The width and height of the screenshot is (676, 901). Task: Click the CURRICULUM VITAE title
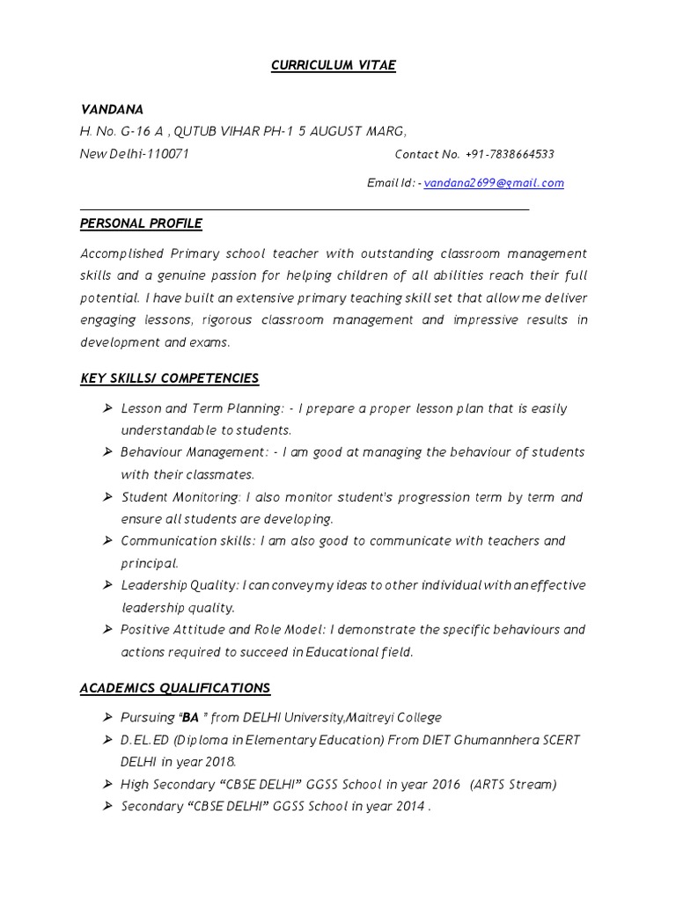(334, 66)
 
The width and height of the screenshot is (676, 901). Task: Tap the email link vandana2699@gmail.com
(494, 183)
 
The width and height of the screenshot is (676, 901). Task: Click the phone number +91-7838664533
(511, 155)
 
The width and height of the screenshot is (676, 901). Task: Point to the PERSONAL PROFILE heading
(141, 223)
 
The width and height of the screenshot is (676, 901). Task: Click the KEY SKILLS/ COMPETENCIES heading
(169, 378)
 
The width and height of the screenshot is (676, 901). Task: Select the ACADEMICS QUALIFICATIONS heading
(175, 688)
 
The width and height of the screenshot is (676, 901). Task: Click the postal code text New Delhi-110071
(134, 154)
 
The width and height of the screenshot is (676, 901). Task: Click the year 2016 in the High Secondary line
(445, 784)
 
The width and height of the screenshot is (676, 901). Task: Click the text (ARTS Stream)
(513, 784)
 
